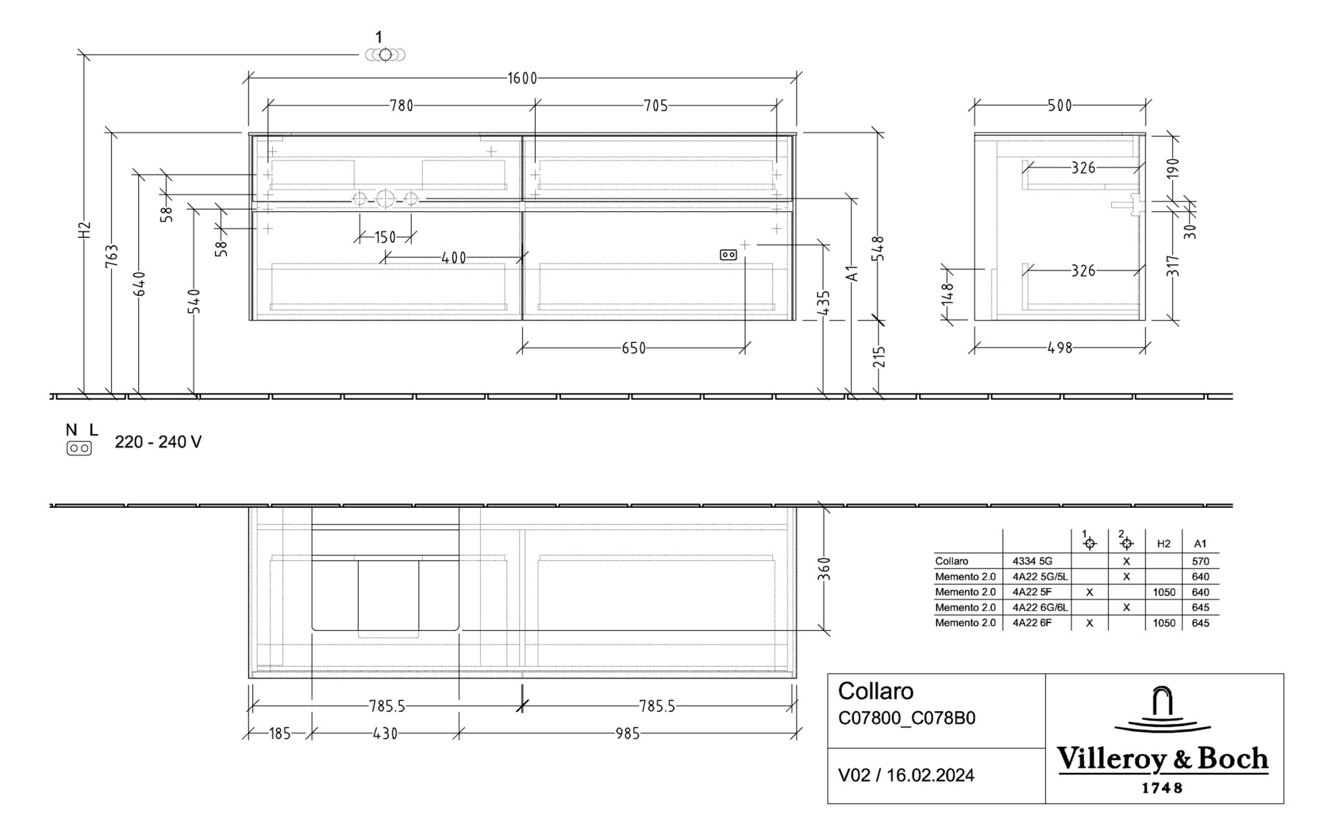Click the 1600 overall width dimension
point(522,78)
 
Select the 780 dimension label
point(401,106)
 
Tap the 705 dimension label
point(656,106)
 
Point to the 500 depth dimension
point(1060,106)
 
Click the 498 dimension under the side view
point(1060,348)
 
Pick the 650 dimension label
point(633,349)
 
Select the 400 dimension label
point(454,258)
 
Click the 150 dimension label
point(385,237)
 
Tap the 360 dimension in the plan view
point(824,569)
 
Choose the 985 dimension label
point(627,734)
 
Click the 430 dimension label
point(385,734)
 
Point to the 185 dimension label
point(279,734)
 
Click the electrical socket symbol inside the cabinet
point(728,255)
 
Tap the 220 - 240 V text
point(158,443)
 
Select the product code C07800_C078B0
point(906,718)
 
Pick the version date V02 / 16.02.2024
point(906,776)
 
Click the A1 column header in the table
point(1200,544)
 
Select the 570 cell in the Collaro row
point(1200,561)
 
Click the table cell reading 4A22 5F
point(1032,592)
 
